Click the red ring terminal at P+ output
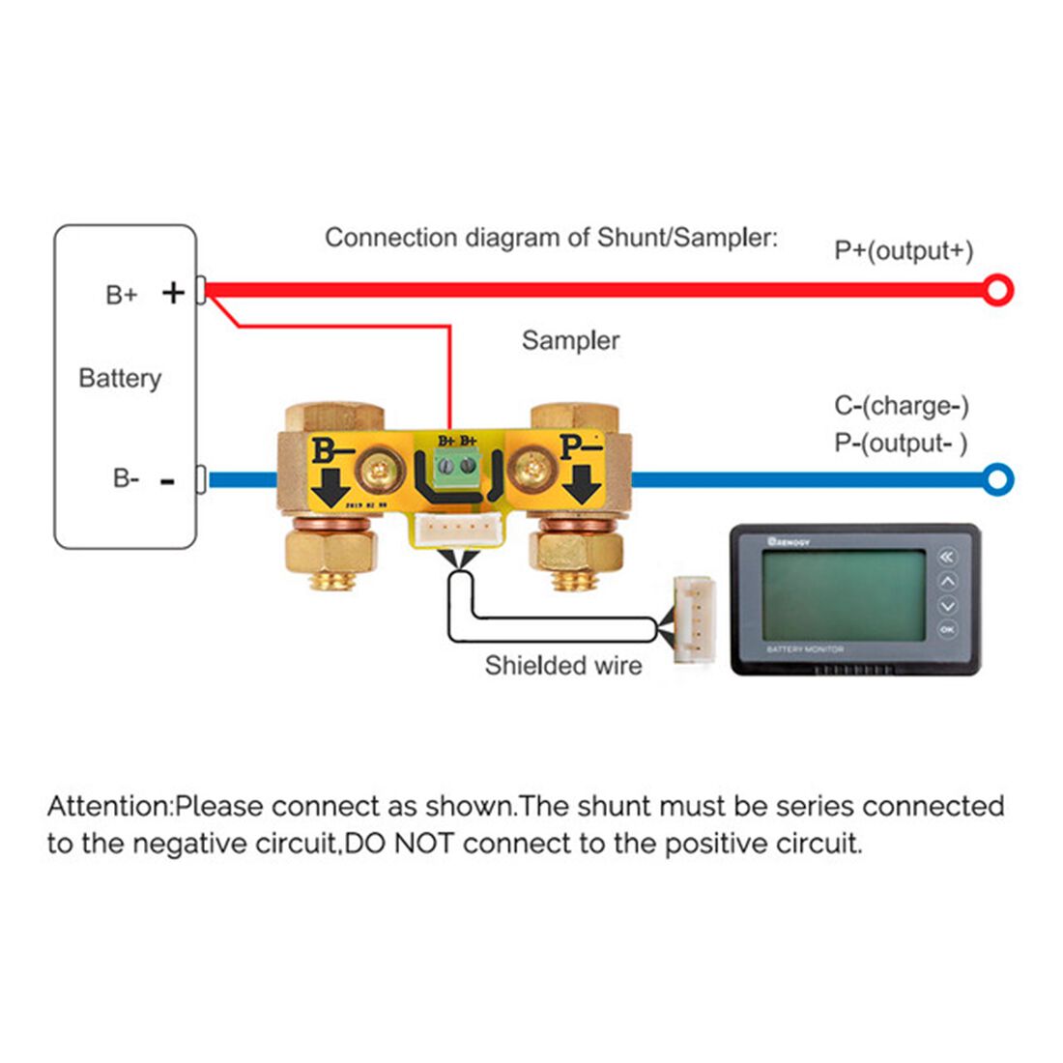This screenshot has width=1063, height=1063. (x=998, y=290)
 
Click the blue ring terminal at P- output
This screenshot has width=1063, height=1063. (x=998, y=478)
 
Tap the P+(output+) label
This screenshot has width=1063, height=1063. (x=904, y=250)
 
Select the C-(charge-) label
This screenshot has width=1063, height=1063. (x=902, y=406)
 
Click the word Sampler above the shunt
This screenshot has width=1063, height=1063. (x=570, y=340)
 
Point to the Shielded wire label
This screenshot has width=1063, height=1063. (x=563, y=666)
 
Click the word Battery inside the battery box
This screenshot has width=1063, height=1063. (x=120, y=378)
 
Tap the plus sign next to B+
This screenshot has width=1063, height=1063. (x=173, y=292)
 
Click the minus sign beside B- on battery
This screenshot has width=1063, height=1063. (x=168, y=480)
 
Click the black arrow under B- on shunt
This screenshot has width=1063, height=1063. (x=331, y=487)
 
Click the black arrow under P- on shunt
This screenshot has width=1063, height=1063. (x=583, y=483)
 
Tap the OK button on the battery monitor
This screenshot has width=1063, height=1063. (x=947, y=630)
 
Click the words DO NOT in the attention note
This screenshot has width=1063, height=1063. (x=400, y=844)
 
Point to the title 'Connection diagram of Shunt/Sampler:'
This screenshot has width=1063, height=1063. (x=551, y=238)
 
